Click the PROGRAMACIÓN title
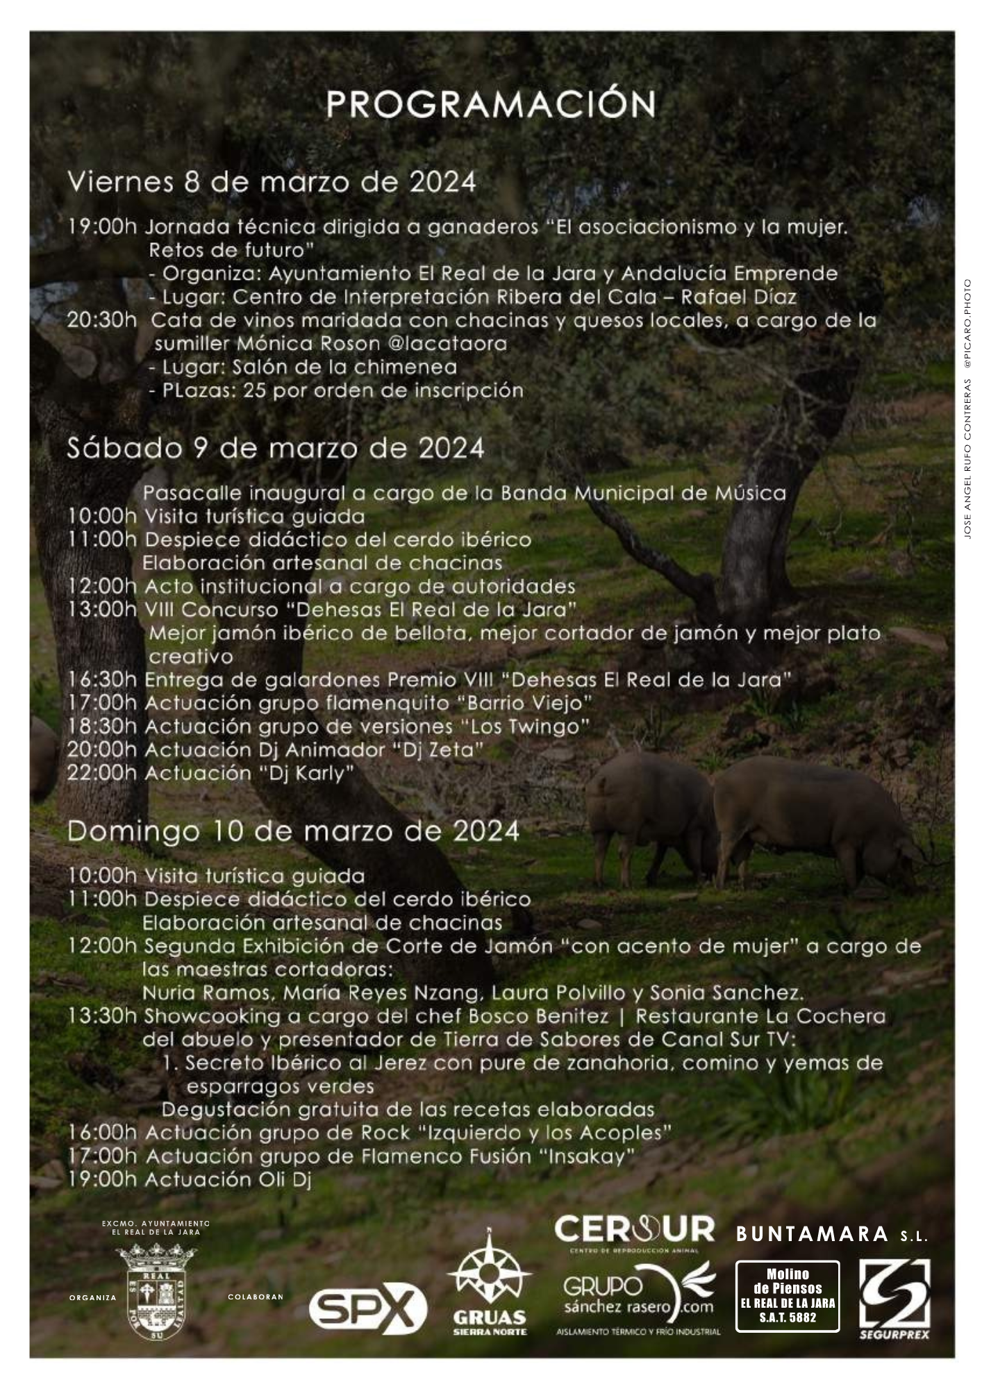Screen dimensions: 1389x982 point(490,105)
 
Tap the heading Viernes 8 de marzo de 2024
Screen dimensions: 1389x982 point(272,183)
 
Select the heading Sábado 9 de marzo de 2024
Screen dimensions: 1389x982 point(275,449)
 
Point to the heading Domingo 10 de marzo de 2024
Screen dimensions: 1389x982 point(293,831)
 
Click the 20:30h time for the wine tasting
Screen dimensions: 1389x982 point(102,321)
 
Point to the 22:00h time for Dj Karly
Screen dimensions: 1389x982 point(102,773)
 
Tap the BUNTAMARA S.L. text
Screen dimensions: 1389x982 point(831,1234)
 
